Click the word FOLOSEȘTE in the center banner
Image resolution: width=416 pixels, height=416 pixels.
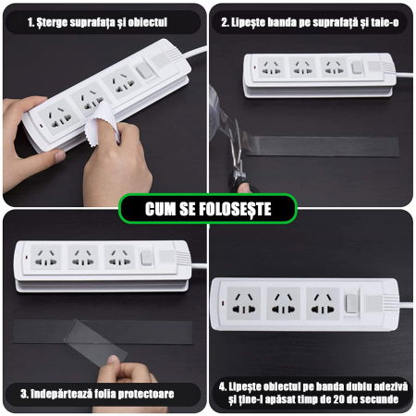click(x=230, y=209)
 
